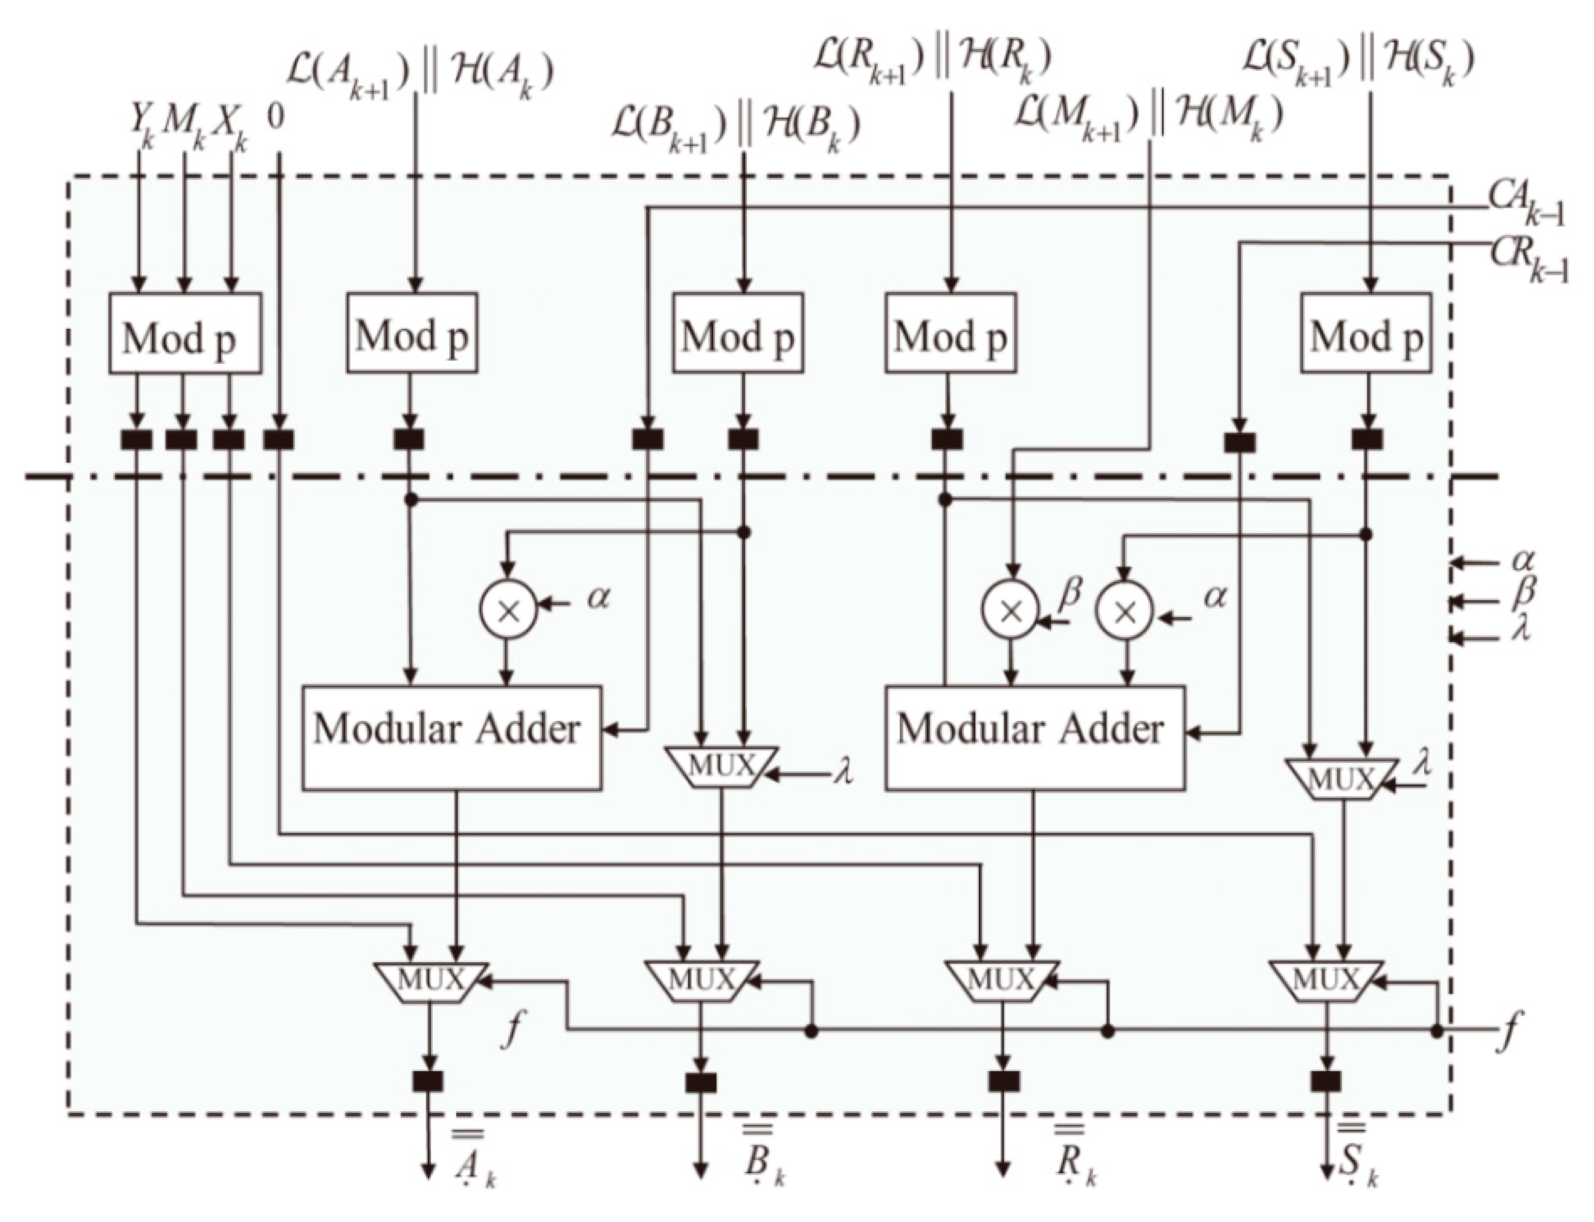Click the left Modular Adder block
[451, 737]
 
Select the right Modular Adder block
[1034, 737]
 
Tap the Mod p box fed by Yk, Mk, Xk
[185, 334]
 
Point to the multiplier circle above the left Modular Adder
[508, 610]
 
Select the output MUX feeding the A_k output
[431, 982]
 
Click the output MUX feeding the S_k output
[1326, 982]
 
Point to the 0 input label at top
[275, 117]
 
